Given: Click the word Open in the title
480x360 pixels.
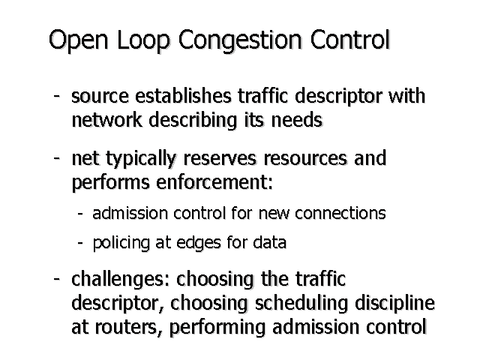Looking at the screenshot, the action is click(78, 40).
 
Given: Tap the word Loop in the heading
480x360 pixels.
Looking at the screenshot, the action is click(143, 40).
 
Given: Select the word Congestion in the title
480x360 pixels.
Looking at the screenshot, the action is click(240, 40).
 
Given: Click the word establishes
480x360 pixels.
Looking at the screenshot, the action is click(183, 95).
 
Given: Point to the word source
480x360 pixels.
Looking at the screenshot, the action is click(100, 96).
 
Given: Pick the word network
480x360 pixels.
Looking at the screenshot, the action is click(106, 119).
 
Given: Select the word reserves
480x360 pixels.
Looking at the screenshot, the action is click(220, 158).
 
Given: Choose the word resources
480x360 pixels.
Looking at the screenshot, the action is click(305, 158).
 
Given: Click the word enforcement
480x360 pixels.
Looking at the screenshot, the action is click(214, 181).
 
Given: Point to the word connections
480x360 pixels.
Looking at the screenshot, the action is click(340, 213).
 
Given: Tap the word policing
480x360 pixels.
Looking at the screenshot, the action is click(121, 243).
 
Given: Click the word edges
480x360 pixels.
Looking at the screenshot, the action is click(199, 243).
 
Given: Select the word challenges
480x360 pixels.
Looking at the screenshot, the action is click(120, 280).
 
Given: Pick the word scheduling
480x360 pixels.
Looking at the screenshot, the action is click(301, 304).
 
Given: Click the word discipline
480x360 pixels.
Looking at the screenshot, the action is click(395, 304).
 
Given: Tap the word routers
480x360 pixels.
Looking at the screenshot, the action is click(128, 327).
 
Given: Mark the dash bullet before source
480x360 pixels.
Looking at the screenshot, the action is click(56, 96).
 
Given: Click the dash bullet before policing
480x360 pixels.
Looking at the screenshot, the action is click(80, 243).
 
